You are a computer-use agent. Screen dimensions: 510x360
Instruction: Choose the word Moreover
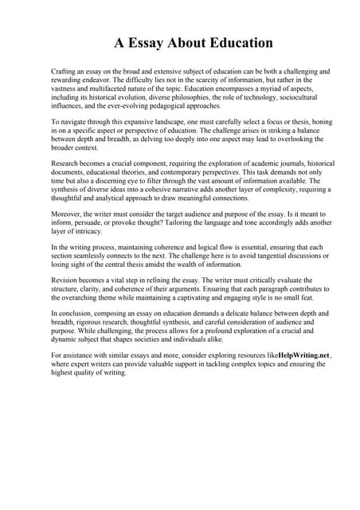(x=67, y=215)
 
